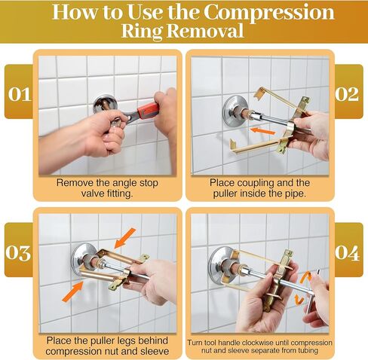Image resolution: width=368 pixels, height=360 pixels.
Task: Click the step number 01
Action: tap(20, 94)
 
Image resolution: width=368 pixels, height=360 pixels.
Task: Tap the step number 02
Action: tap(347, 94)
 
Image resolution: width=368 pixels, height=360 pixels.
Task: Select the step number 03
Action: tap(18, 253)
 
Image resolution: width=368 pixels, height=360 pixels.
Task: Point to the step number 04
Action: tap(348, 253)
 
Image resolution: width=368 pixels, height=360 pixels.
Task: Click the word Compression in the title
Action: tap(268, 12)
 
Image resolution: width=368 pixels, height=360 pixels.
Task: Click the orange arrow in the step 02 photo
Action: tap(262, 131)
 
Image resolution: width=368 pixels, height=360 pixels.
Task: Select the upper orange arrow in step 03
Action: tap(125, 238)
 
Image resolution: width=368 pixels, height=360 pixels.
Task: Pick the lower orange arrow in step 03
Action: tap(72, 291)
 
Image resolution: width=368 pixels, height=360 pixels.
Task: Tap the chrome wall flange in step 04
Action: tap(220, 265)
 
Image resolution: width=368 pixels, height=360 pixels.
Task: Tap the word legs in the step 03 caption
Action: tap(118, 341)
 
